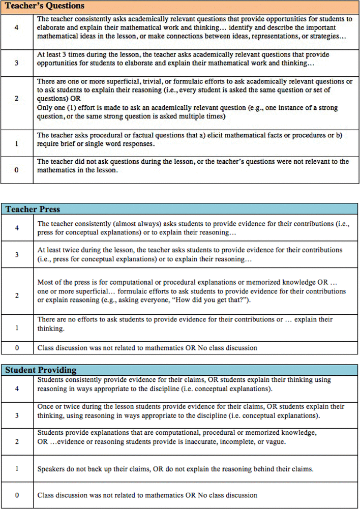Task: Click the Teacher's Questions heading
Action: pyautogui.click(x=38, y=7)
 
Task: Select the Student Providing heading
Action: pyautogui.click(x=41, y=370)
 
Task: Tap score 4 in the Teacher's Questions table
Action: pyautogui.click(x=17, y=27)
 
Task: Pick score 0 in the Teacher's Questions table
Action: pyautogui.click(x=17, y=170)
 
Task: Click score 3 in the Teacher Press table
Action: pyautogui.click(x=17, y=254)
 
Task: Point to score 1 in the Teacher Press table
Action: pyautogui.click(x=17, y=328)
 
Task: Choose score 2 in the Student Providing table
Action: pyautogui.click(x=17, y=441)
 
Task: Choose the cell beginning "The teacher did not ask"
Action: pyautogui.click(x=193, y=166)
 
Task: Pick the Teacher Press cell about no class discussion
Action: pyautogui.click(x=147, y=348)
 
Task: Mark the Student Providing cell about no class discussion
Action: pyautogui.click(x=147, y=495)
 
